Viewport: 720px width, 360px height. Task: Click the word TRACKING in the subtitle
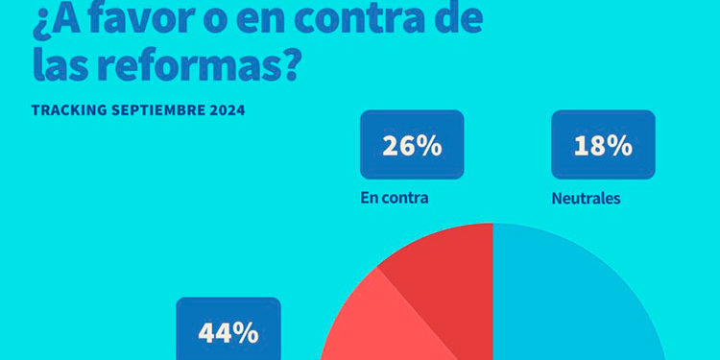tap(68, 110)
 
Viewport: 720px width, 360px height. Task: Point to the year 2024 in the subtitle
tap(225, 110)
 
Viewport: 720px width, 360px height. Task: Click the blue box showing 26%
tap(412, 145)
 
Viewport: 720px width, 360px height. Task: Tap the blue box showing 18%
tap(603, 145)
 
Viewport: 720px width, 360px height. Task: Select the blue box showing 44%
tap(228, 331)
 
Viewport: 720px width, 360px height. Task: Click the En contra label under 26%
tap(394, 200)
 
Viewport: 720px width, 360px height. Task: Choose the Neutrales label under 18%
tap(586, 200)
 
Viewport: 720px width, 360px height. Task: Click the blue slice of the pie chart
tap(576, 307)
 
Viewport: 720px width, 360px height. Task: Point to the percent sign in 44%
tap(249, 333)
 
